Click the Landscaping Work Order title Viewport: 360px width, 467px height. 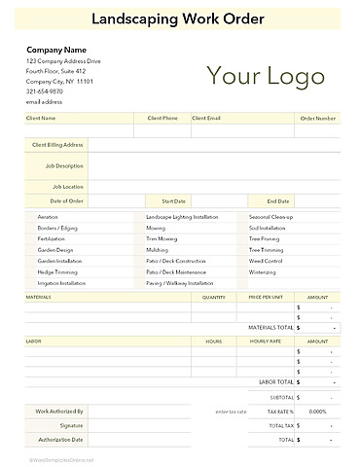pyautogui.click(x=180, y=18)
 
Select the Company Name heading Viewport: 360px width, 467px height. pyautogui.click(x=56, y=50)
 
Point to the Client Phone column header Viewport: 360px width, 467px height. pyautogui.click(x=162, y=118)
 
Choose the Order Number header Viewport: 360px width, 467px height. pyautogui.click(x=318, y=118)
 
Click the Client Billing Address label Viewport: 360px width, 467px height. pyautogui.click(x=57, y=144)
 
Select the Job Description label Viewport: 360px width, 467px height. pyautogui.click(x=64, y=165)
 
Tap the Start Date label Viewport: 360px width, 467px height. pyautogui.click(x=173, y=200)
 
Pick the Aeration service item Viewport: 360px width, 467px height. pyautogui.click(x=48, y=216)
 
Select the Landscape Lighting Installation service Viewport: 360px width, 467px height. pyautogui.click(x=182, y=216)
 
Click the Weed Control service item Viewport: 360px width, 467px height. pyautogui.click(x=266, y=261)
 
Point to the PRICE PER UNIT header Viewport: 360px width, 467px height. pyautogui.click(x=266, y=296)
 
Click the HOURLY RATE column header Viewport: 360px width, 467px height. pyautogui.click(x=265, y=341)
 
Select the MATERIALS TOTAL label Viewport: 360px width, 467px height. pyautogui.click(x=270, y=328)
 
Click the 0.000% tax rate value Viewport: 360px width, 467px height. pyautogui.click(x=316, y=412)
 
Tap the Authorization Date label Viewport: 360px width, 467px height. pyautogui.click(x=60, y=440)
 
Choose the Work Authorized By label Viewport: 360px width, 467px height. pyautogui.click(x=60, y=412)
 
